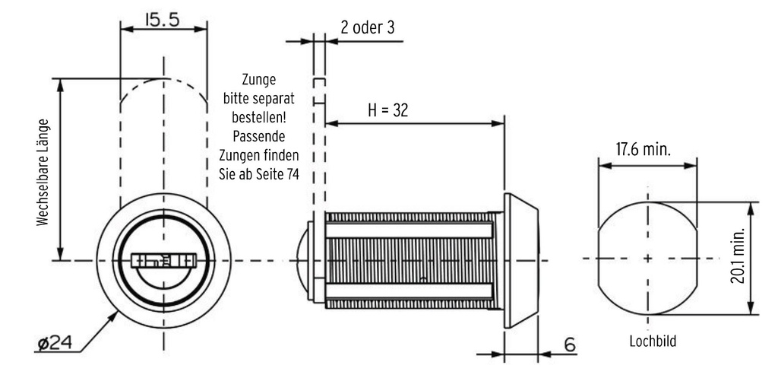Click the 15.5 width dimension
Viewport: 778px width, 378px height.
(x=163, y=21)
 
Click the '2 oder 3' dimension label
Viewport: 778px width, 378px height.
(x=368, y=28)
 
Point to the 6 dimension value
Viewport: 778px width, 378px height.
(x=568, y=346)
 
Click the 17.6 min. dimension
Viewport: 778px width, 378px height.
(x=643, y=149)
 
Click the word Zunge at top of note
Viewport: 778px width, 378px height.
(x=259, y=79)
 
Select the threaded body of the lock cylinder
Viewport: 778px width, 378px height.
(x=410, y=260)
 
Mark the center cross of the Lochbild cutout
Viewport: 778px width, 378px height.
(x=647, y=259)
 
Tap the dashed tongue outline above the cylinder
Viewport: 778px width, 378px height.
(x=321, y=145)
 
